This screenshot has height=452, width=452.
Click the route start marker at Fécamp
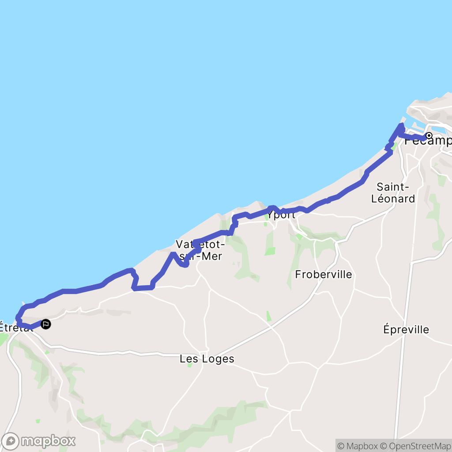pyautogui.click(x=429, y=136)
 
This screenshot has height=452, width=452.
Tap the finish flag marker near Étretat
pyautogui.click(x=45, y=324)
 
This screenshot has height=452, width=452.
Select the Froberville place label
pyautogui.click(x=324, y=275)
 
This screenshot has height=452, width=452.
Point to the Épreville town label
pyautogui.click(x=406, y=329)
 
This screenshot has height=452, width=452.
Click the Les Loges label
pyautogui.click(x=207, y=359)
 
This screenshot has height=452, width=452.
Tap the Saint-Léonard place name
pyautogui.click(x=393, y=193)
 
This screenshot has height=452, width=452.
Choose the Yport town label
pyautogui.click(x=281, y=215)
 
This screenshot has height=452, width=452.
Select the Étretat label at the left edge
pyautogui.click(x=15, y=328)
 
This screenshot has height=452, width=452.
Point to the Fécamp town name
pyautogui.click(x=430, y=141)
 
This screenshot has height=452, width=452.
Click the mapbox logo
pyautogui.click(x=39, y=441)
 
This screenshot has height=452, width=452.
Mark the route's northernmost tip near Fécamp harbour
pyautogui.click(x=401, y=126)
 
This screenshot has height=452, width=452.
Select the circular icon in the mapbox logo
pyautogui.click(x=11, y=441)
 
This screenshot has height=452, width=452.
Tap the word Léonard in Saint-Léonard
pyautogui.click(x=393, y=199)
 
